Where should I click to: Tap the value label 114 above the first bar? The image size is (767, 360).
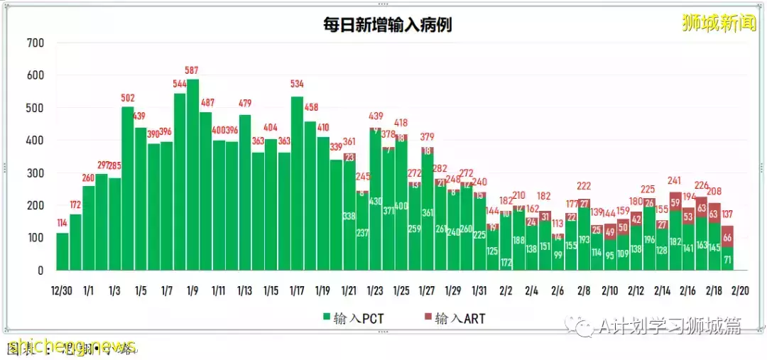tap(62, 223)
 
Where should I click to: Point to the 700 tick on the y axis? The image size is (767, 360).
tap(35, 43)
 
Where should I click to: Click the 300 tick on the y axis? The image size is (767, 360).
tap(35, 173)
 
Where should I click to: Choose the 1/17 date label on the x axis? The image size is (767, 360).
tap(298, 290)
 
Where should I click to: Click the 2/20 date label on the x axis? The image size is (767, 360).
tap(739, 290)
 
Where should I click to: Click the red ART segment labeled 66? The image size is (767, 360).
tap(727, 236)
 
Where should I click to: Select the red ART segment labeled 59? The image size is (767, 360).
tap(675, 202)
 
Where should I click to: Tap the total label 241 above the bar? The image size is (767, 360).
tap(675, 181)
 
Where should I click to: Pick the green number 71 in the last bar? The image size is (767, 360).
tap(727, 259)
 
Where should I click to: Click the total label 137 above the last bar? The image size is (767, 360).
tap(727, 215)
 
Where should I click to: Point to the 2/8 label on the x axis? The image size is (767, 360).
tap(584, 290)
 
